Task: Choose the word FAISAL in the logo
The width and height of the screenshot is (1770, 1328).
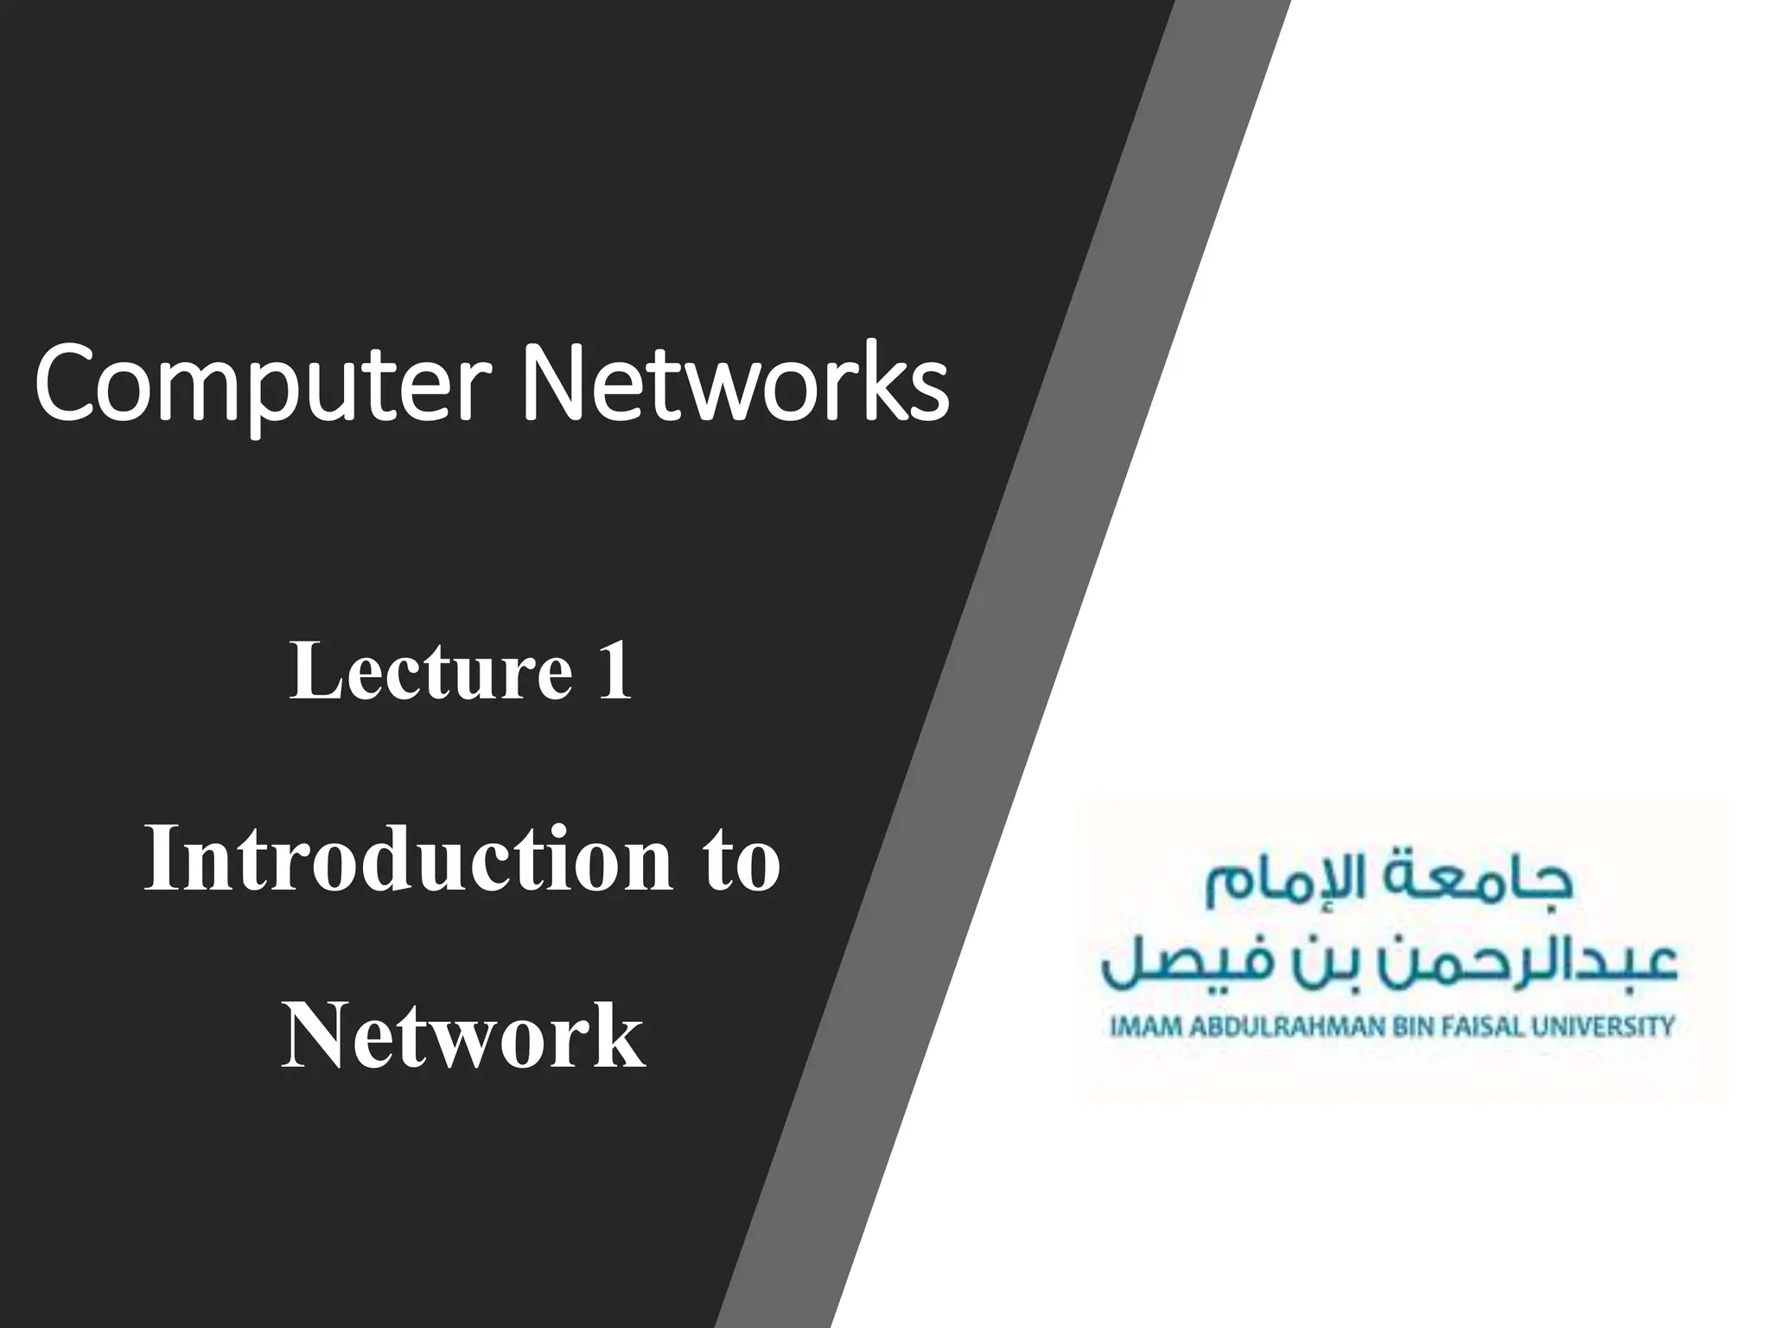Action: click(x=1486, y=1027)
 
